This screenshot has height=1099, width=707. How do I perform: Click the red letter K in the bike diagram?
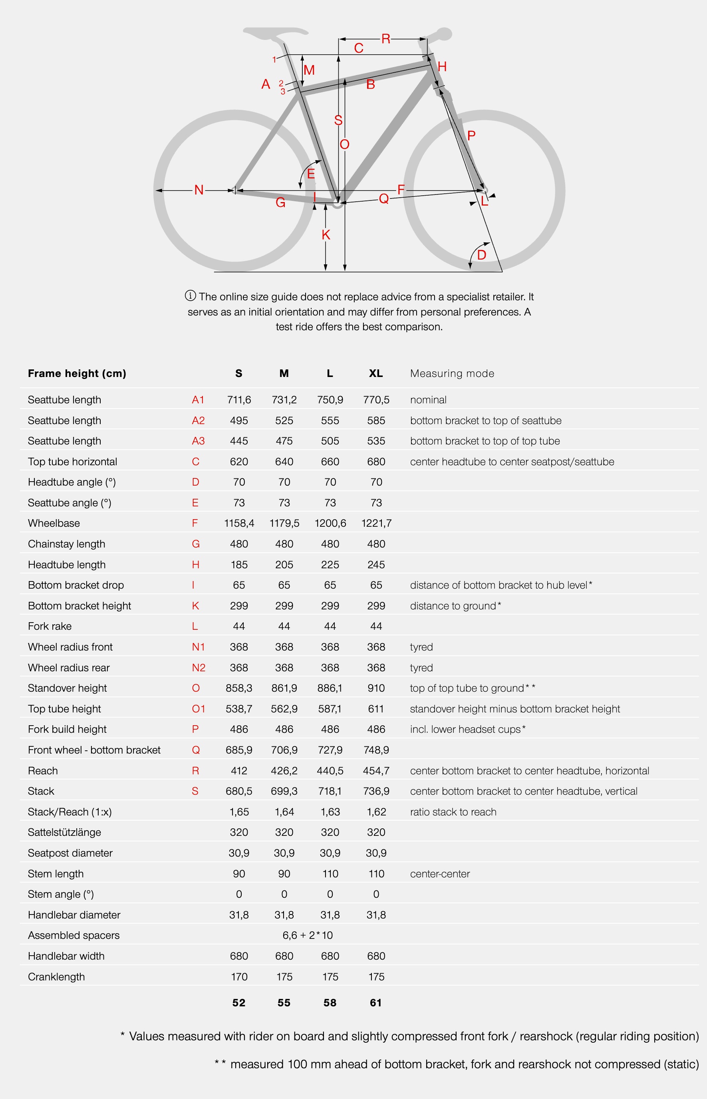click(x=326, y=235)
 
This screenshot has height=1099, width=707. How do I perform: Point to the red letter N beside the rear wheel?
click(x=199, y=190)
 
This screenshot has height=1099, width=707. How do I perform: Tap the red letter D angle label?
click(x=482, y=255)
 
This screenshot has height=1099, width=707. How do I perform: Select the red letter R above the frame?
click(x=385, y=39)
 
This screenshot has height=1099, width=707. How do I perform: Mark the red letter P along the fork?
click(x=471, y=136)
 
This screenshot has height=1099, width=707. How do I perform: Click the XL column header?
click(x=375, y=373)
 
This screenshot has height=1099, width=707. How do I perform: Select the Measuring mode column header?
click(x=452, y=373)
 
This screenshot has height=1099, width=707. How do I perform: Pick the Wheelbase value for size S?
click(x=239, y=523)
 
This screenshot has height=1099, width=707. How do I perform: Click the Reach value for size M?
click(x=284, y=770)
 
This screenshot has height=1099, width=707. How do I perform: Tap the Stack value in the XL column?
click(x=375, y=791)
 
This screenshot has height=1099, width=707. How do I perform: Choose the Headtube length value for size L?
click(x=330, y=564)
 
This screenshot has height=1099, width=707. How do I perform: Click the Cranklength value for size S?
click(x=239, y=976)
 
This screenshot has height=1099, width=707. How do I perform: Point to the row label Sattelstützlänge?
click(x=64, y=832)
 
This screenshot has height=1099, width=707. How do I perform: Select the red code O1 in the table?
click(x=199, y=709)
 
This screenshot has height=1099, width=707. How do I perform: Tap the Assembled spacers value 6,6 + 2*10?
click(x=307, y=935)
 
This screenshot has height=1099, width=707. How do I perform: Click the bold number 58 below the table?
click(x=330, y=1003)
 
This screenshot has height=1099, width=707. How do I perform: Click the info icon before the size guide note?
click(x=190, y=296)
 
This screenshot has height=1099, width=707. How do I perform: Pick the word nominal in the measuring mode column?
click(x=428, y=400)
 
